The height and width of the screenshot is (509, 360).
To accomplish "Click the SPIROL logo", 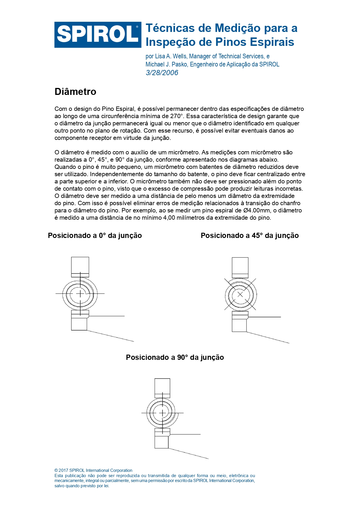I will (x=98, y=35).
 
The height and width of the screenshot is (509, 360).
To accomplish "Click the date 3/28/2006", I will (x=162, y=73).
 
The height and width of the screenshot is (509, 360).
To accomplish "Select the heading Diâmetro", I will (x=75, y=92).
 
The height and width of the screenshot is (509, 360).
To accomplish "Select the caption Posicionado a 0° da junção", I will (x=95, y=236).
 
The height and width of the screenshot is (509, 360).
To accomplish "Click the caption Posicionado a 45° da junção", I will (x=249, y=236).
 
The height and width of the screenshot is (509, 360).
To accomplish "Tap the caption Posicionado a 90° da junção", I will (x=175, y=358).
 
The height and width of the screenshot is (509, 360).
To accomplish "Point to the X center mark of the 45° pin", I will (x=240, y=295).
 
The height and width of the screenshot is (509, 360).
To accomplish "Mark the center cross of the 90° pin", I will (x=162, y=413).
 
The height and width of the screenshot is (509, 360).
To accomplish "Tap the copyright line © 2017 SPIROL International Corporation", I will (x=93, y=470).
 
